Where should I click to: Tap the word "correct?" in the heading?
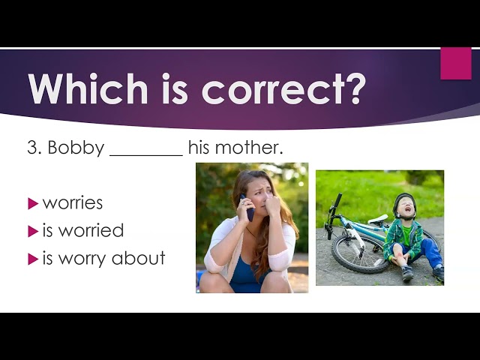[x=283, y=89]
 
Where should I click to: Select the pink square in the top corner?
[x=456, y=63]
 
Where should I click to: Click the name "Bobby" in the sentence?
[x=76, y=148]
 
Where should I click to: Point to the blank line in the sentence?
[x=146, y=155]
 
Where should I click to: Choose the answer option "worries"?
[x=73, y=203]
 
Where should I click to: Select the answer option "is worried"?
[x=83, y=230]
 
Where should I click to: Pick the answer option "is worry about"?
[x=103, y=258]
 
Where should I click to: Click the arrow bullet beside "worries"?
[x=33, y=203]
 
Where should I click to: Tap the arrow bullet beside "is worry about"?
[x=33, y=259]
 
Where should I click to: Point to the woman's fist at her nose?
[x=272, y=205]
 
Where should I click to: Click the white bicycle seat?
[x=378, y=219]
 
